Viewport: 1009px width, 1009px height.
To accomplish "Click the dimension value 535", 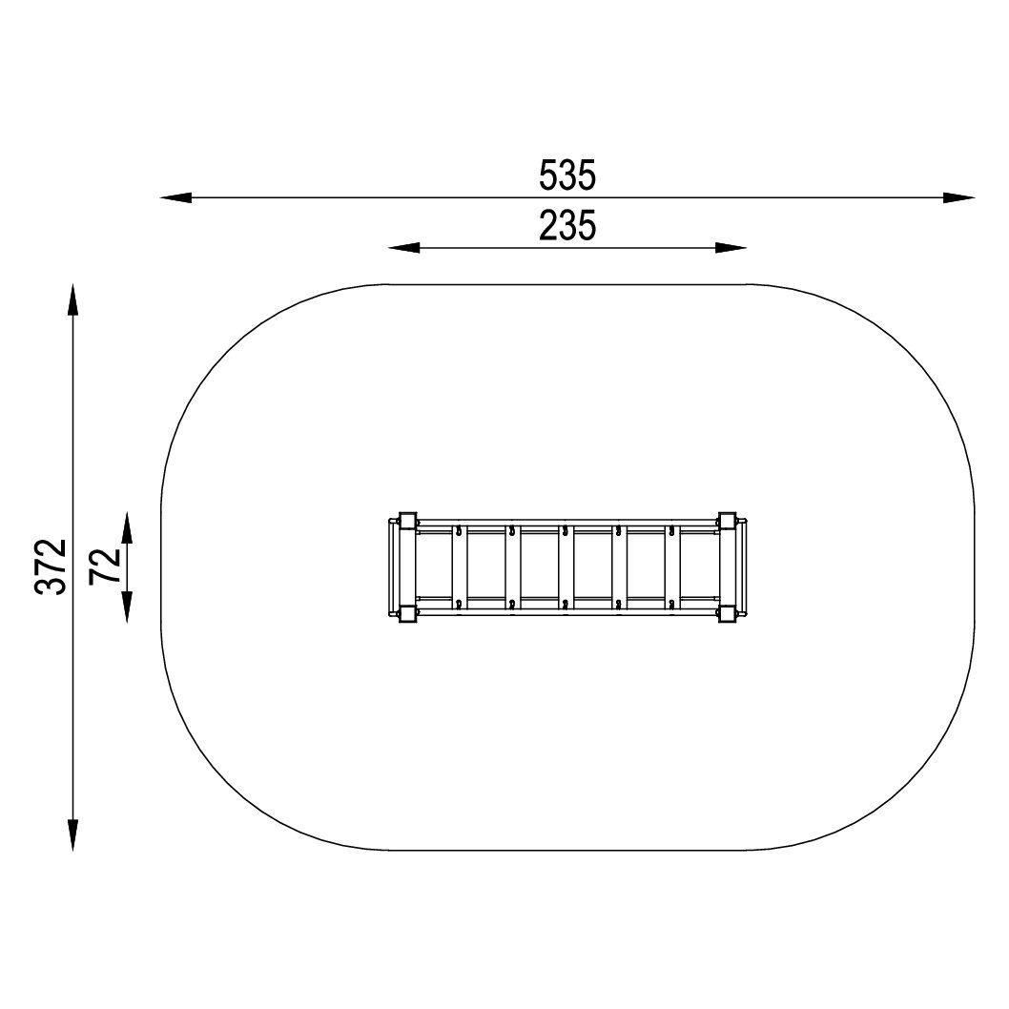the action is click(567, 175).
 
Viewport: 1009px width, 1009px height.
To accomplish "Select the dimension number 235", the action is click(567, 226).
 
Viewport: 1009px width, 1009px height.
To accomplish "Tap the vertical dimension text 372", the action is click(51, 566).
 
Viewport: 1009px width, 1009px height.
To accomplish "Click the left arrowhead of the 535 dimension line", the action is click(175, 197).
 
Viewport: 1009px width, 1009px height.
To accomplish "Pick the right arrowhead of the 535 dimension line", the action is click(958, 197).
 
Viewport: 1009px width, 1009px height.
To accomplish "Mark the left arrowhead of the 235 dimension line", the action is click(404, 248).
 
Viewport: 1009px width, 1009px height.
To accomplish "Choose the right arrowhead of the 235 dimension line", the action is click(731, 248).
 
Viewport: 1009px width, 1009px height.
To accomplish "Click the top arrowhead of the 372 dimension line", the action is click(72, 299).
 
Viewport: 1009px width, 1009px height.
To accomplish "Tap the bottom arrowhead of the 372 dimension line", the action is click(72, 835).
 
